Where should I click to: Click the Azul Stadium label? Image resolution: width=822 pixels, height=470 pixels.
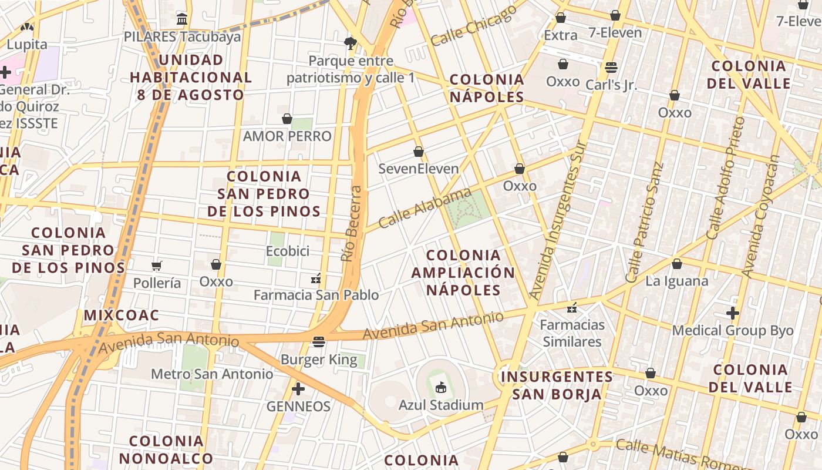tap(441, 405)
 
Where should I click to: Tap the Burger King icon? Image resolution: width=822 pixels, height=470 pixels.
tap(319, 342)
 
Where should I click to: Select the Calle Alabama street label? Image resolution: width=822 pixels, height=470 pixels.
tap(425, 208)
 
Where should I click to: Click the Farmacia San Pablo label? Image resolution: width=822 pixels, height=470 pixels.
tap(316, 295)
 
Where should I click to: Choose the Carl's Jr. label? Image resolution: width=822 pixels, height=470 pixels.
tap(611, 85)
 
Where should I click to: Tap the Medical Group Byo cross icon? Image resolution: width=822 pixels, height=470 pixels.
tap(733, 313)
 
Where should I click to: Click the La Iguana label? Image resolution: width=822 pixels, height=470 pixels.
tap(676, 281)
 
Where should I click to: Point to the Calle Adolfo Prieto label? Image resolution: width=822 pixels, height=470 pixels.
tap(726, 177)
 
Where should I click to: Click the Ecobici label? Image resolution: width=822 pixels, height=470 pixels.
tap(288, 251)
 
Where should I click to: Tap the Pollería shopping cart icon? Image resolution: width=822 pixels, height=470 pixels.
tap(156, 266)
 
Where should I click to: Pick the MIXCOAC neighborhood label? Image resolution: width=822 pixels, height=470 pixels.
tap(122, 315)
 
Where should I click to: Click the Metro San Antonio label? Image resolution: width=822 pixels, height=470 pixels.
tap(212, 374)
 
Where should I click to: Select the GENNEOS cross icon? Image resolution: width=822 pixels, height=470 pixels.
tap(298, 389)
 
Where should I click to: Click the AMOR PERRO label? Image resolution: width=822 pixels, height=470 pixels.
tap(287, 136)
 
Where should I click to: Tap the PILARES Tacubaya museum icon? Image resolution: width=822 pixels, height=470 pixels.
tap(182, 19)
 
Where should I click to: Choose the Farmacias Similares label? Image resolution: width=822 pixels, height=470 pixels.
tap(572, 333)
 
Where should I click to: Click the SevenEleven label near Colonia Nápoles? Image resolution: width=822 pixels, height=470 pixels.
tap(418, 169)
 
